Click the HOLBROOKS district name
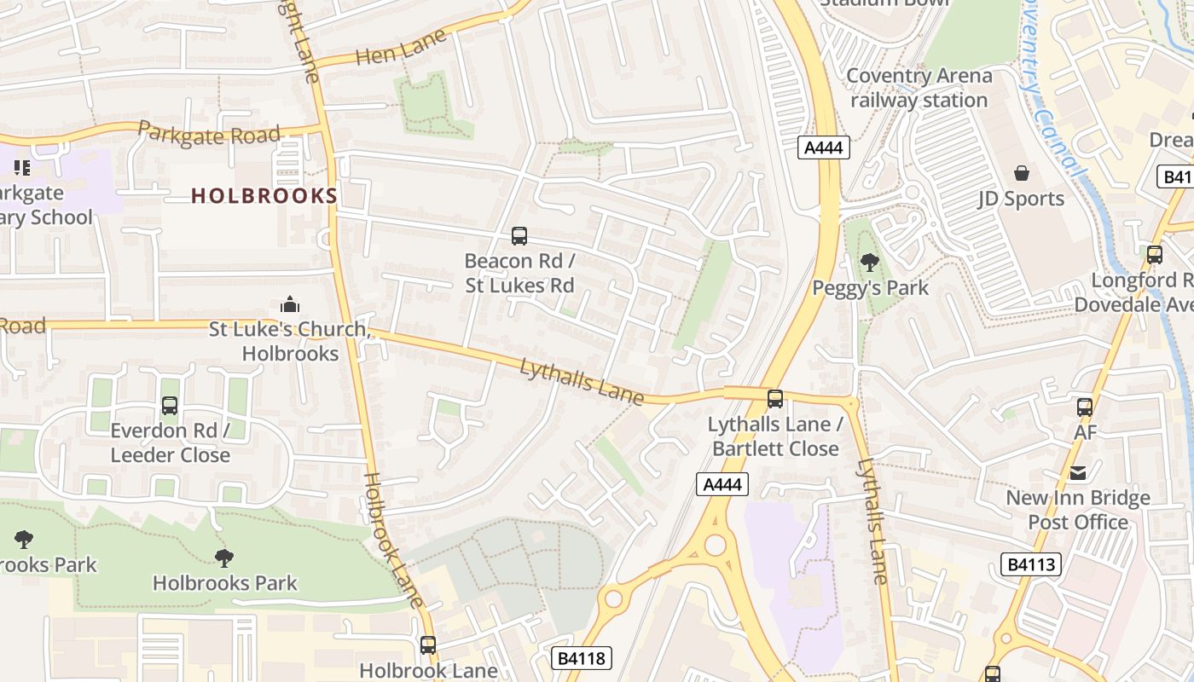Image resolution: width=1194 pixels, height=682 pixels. tap(264, 196)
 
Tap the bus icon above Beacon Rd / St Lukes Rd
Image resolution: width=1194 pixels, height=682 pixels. tap(519, 236)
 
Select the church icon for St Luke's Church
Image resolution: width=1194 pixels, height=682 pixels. tap(290, 305)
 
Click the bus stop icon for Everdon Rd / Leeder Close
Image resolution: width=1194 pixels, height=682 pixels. tap(170, 406)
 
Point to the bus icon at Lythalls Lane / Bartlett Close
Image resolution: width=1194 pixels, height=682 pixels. tap(774, 399)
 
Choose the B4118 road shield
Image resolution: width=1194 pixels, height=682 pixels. tap(583, 658)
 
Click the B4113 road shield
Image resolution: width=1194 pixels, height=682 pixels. tap(1030, 564)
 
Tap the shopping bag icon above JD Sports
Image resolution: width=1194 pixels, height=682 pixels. tap(1021, 174)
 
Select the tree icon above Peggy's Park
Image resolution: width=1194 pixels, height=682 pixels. tap(869, 263)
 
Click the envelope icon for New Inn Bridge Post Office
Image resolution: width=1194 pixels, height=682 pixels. tap(1078, 473)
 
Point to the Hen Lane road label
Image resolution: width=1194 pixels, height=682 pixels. tap(401, 49)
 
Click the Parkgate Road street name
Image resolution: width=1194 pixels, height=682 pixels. tap(209, 134)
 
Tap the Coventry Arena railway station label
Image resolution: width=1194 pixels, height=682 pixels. tap(919, 88)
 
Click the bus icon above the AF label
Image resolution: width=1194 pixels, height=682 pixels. tap(1084, 407)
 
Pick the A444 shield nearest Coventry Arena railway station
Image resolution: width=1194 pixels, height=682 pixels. tap(824, 147)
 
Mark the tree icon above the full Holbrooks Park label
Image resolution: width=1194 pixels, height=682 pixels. tap(224, 558)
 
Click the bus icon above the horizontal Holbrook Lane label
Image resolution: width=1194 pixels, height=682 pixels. tap(428, 645)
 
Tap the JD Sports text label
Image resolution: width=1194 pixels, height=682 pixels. tap(1021, 199)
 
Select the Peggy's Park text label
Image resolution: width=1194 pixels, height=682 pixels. tap(870, 288)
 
